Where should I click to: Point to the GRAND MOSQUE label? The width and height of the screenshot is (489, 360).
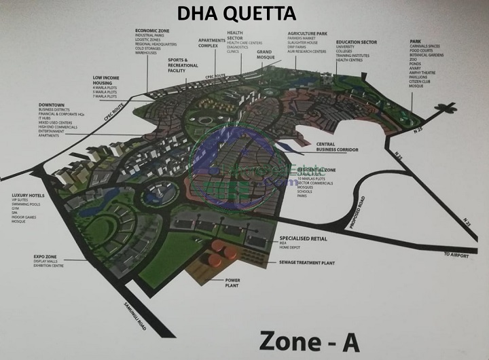pyautogui.click(x=265, y=55)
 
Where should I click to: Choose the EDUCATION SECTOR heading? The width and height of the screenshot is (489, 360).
pyautogui.click(x=357, y=41)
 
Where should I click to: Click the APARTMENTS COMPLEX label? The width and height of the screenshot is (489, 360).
pyautogui.click(x=211, y=43)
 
